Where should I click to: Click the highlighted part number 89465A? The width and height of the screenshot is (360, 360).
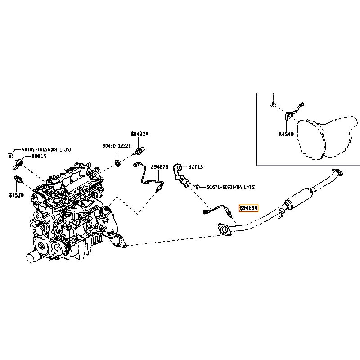248,208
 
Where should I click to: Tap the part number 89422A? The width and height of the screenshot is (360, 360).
139,134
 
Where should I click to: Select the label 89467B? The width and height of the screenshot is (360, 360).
159,167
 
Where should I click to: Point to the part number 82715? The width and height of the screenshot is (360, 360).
195,167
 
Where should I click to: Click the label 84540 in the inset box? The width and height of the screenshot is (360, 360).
286,134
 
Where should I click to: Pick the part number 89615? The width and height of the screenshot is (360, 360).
38,156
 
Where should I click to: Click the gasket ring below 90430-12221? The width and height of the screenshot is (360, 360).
117,162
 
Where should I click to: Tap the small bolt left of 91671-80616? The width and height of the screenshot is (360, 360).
197,186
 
